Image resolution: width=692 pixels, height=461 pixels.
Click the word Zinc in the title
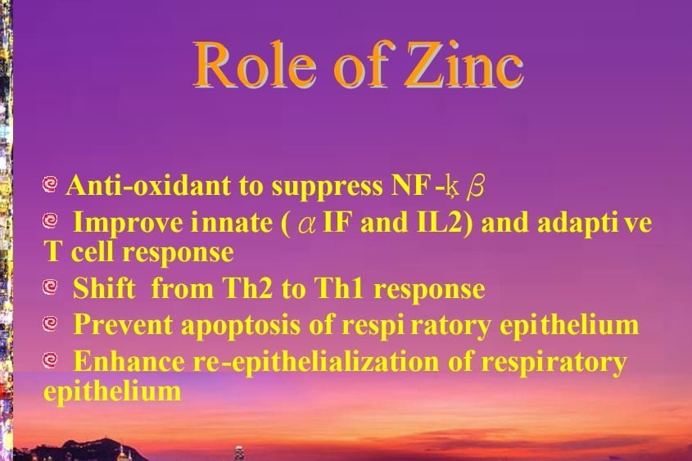(x=464, y=66)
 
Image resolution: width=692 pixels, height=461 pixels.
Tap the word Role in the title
(x=255, y=66)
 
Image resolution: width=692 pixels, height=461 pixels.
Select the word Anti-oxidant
(x=148, y=185)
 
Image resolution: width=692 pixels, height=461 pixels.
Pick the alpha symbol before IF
(x=307, y=224)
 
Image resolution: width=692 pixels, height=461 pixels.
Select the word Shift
(x=104, y=288)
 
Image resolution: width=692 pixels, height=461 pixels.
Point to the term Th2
(x=247, y=288)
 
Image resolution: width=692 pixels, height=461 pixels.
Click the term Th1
(x=339, y=288)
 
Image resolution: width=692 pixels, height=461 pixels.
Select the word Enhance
(x=129, y=361)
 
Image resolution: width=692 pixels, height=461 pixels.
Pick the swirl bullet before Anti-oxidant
(x=50, y=184)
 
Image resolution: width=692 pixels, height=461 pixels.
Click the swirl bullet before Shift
(x=50, y=287)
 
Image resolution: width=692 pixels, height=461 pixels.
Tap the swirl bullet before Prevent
(x=50, y=323)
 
